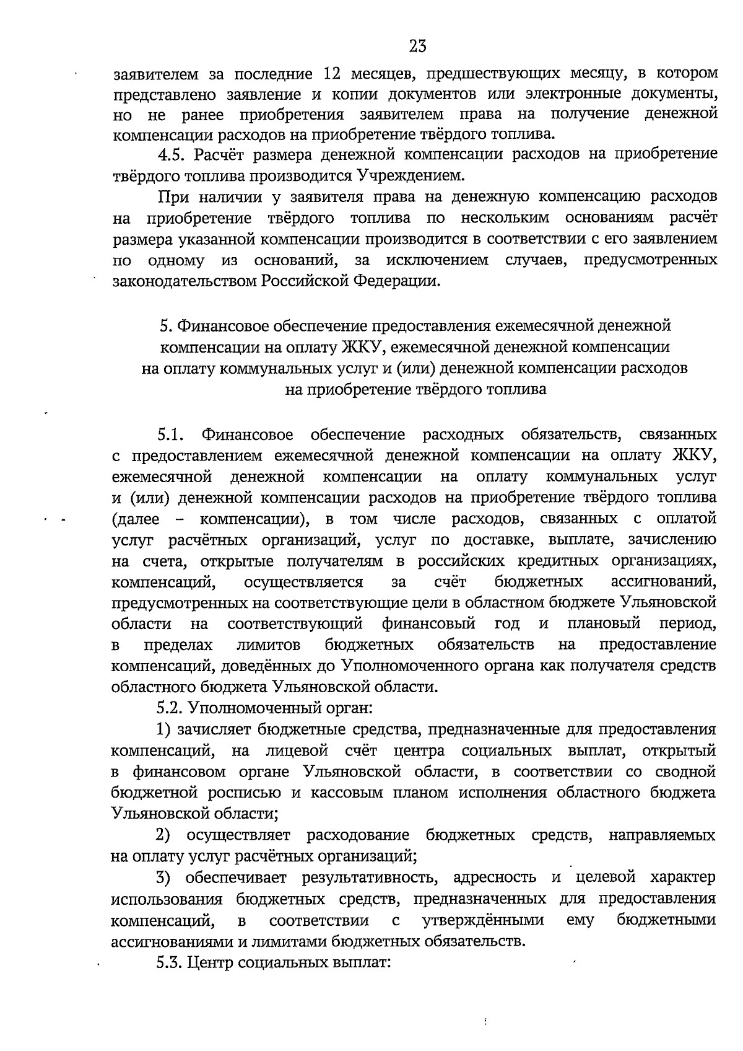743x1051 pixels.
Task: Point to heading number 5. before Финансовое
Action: pos(164,325)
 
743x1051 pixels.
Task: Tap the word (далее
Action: pos(136,518)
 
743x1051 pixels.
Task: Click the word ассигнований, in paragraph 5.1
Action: pos(663,582)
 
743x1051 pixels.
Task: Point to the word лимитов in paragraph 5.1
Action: pos(268,645)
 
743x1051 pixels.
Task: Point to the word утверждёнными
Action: pos(482,920)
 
